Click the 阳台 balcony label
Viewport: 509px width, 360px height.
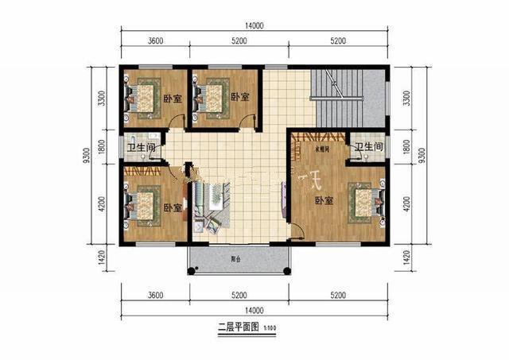click(236, 259)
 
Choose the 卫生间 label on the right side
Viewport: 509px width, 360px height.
click(369, 148)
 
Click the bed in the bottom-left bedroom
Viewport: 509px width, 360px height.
click(143, 206)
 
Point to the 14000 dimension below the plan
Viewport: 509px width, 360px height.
click(255, 310)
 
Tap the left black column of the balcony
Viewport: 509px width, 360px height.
click(190, 271)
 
